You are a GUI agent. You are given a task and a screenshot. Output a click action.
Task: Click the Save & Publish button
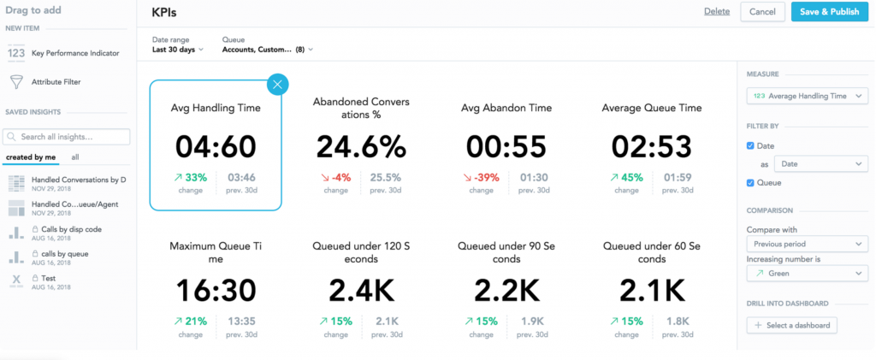[x=831, y=12]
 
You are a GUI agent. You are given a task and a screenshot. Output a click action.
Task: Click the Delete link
[x=717, y=12]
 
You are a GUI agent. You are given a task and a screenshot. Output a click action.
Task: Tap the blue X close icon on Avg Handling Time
[x=279, y=85]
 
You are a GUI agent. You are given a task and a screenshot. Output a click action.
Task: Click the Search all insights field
[x=67, y=137]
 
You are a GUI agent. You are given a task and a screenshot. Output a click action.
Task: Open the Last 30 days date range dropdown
[x=178, y=50]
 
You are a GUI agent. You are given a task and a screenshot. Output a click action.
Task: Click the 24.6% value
[x=360, y=146]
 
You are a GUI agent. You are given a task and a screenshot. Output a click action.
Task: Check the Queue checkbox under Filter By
[x=751, y=182]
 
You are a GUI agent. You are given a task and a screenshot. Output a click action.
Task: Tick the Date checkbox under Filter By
[x=751, y=146]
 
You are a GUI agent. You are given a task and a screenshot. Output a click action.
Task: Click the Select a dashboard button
[x=791, y=325]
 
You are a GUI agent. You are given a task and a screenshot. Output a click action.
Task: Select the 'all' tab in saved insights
[x=75, y=157]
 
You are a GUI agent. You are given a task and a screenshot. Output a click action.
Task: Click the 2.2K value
[x=506, y=290]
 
